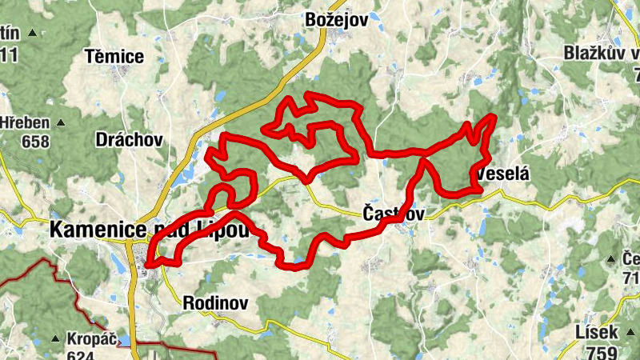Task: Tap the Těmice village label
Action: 115,57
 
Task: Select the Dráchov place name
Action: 128,140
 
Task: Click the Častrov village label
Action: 393,214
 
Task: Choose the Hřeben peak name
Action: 25,124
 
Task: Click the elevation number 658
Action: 35,142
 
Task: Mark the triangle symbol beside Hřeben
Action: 58,124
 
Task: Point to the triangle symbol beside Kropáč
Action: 55,338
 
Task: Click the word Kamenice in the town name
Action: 89,229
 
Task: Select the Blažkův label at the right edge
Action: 601,54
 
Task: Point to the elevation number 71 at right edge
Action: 630,278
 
